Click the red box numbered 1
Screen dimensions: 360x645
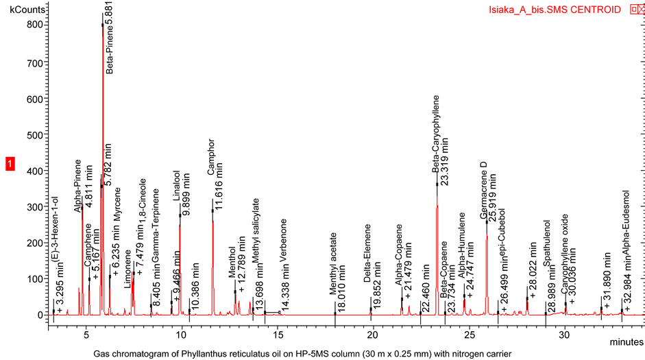click(x=10, y=164)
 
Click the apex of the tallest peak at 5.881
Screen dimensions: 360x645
click(x=103, y=25)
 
